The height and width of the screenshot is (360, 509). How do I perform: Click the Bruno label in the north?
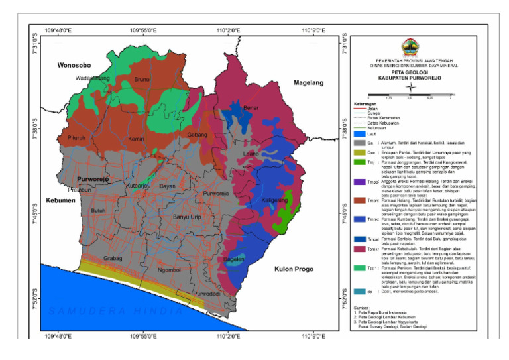tap(142, 80)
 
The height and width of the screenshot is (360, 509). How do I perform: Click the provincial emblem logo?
tap(411, 48)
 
